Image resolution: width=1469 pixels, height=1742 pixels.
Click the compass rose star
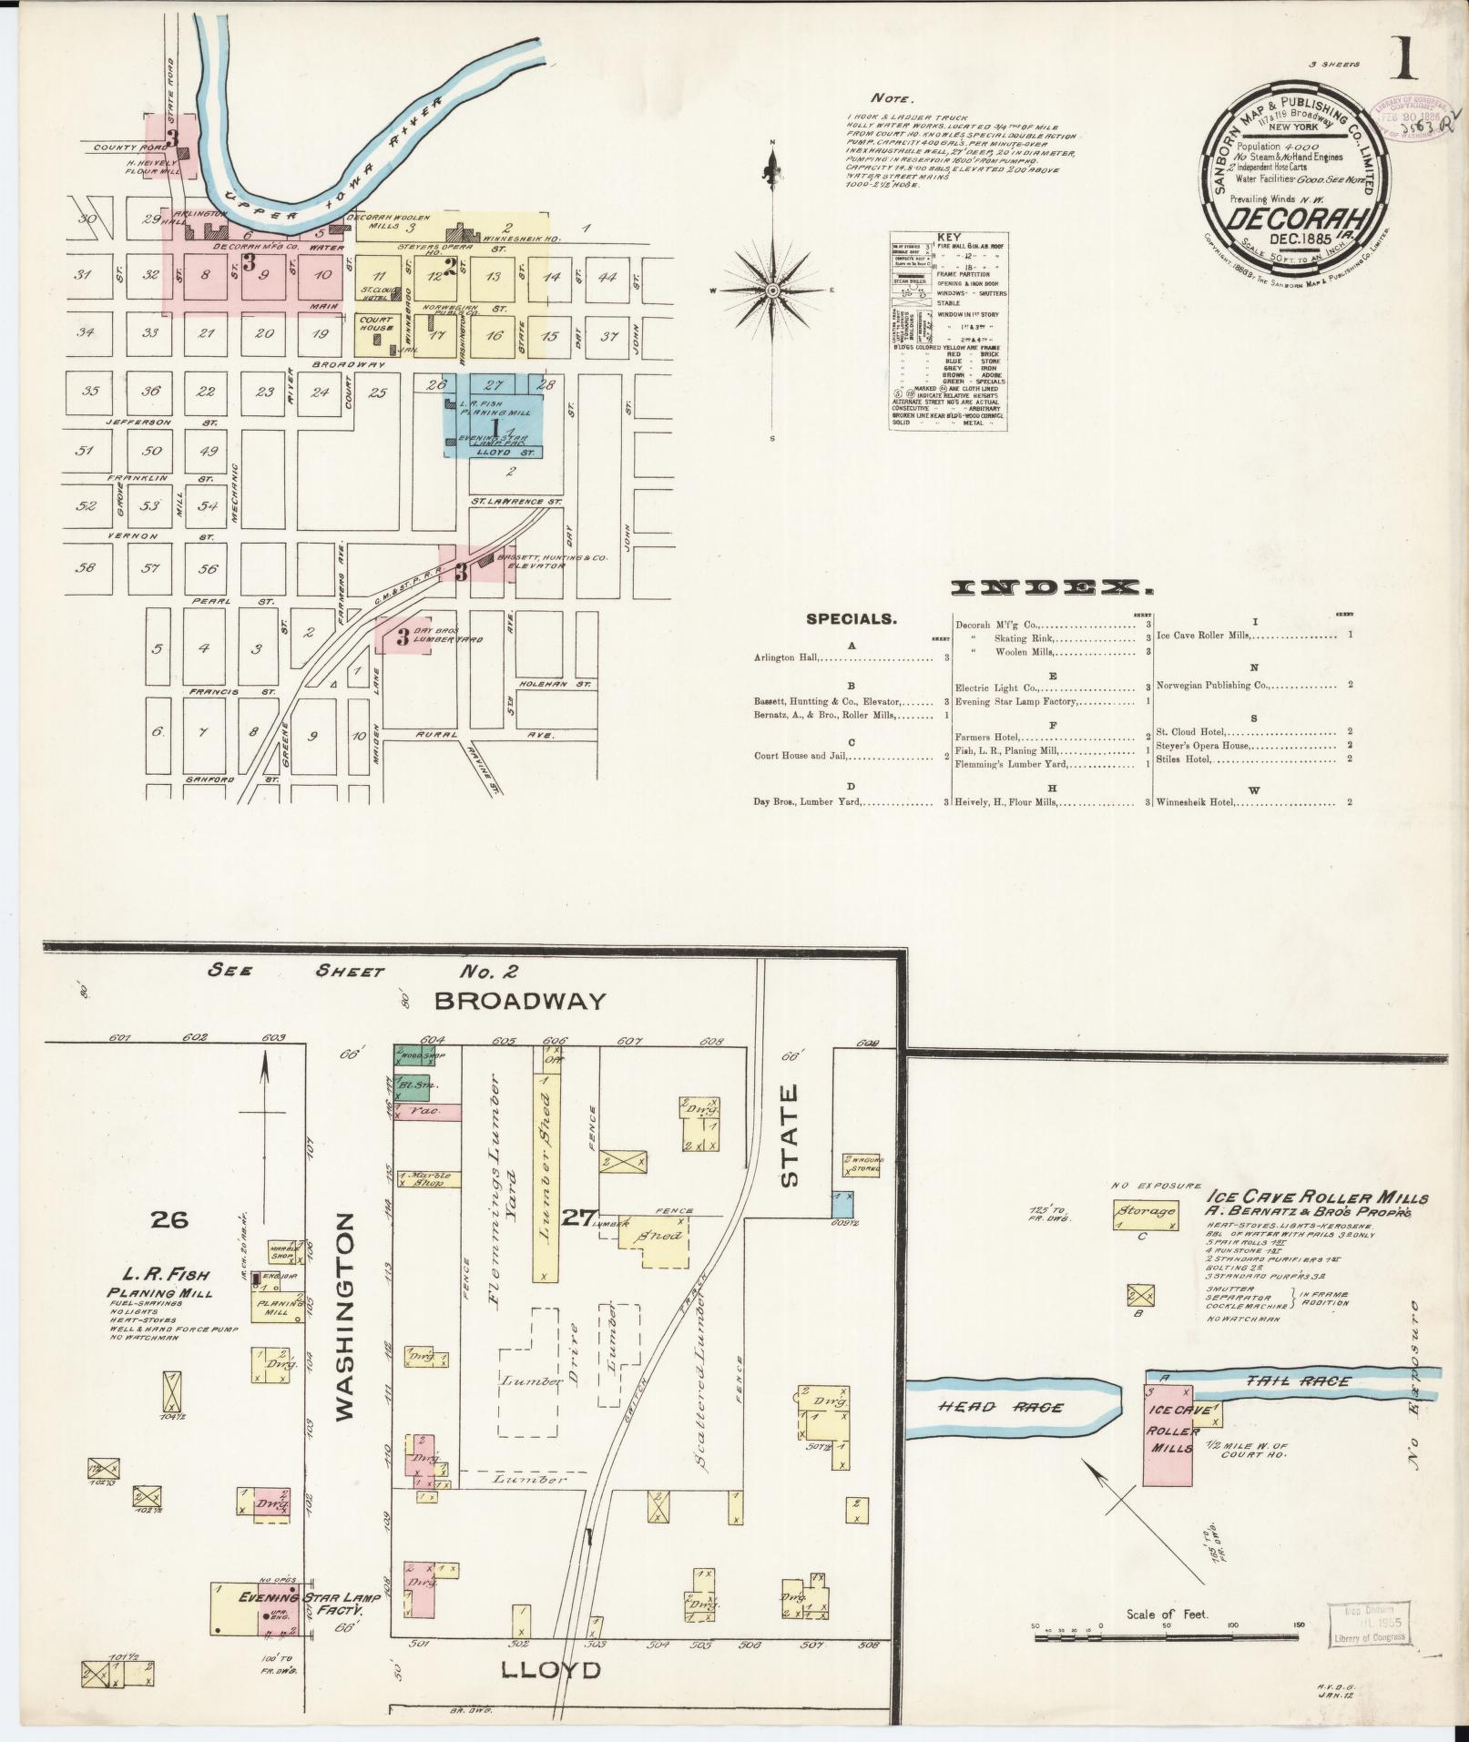click(x=772, y=290)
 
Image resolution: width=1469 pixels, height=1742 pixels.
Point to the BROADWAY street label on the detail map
click(x=520, y=1001)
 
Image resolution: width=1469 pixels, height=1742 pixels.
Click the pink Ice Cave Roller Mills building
click(x=1168, y=1436)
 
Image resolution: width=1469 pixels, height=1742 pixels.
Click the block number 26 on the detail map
click(x=170, y=1218)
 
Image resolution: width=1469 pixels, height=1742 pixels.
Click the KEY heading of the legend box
click(x=948, y=237)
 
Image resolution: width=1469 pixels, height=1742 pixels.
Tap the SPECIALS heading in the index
click(x=852, y=619)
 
